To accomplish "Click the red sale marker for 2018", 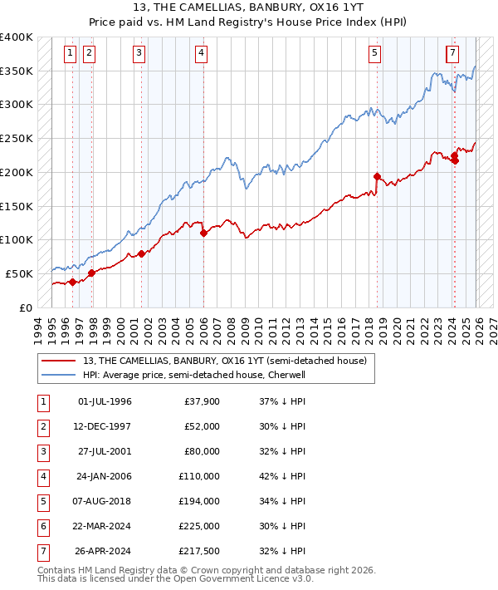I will (377, 176).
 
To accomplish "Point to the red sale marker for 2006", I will (203, 234).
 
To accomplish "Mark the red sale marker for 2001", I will (141, 253).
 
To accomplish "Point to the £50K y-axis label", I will (19, 273).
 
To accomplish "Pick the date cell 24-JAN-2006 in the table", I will (104, 477).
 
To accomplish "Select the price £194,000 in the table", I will (199, 502).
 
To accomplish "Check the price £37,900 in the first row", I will (202, 402).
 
